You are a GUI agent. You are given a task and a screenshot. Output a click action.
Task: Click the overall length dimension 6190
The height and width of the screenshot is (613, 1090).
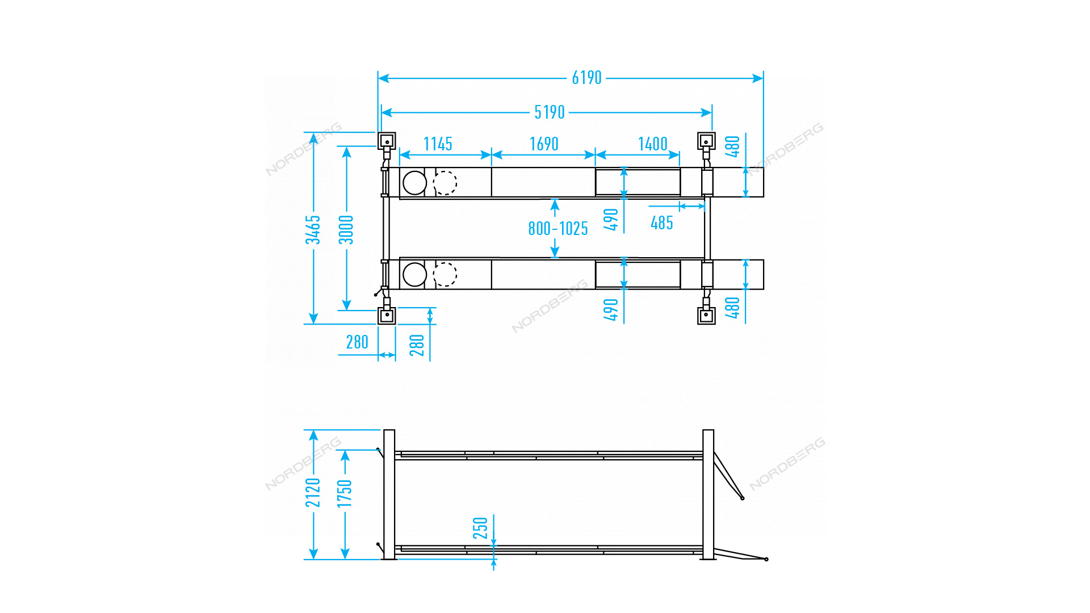point(586,78)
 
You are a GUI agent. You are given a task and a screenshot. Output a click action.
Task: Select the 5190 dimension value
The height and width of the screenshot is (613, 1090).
point(550,112)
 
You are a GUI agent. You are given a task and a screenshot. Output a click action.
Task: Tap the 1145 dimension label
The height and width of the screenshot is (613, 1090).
point(438,144)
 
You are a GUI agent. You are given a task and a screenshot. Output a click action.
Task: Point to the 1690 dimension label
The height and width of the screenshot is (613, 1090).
point(544,144)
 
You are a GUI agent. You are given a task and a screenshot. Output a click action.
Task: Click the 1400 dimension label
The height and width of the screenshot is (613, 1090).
point(653,144)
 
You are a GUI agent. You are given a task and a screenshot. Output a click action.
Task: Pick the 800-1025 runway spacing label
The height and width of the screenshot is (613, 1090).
point(558,229)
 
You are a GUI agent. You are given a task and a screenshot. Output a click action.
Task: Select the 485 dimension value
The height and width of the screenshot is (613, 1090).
point(662,223)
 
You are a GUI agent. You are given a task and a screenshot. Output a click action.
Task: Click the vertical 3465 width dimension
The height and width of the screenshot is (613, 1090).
point(313,230)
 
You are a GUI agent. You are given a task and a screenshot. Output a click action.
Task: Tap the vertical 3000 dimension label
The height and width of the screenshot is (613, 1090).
point(346,230)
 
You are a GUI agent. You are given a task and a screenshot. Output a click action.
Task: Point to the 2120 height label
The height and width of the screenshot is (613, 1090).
point(313,493)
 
